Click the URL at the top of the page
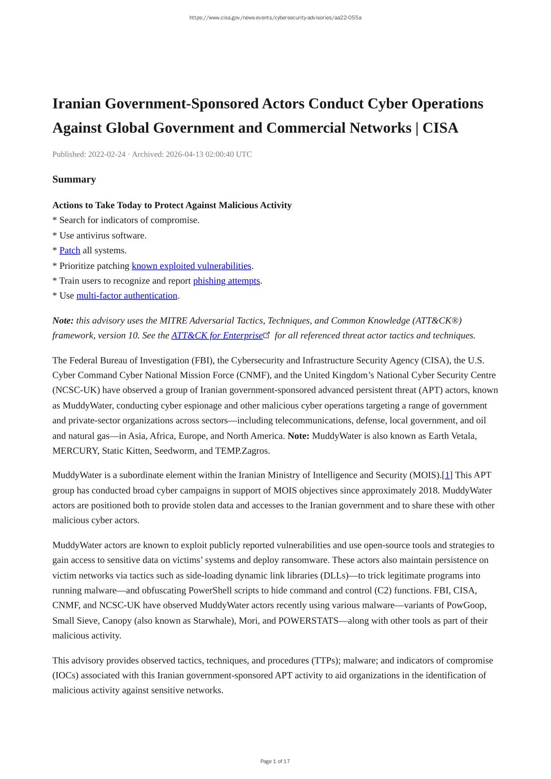(x=275, y=18)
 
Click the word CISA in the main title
(x=440, y=128)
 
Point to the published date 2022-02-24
(x=106, y=154)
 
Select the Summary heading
(x=74, y=179)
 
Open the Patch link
(x=70, y=251)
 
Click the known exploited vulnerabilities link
(x=191, y=266)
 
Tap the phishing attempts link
(x=226, y=281)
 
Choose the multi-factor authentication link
(x=127, y=296)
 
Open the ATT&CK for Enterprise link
(x=217, y=335)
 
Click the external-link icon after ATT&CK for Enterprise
(x=267, y=335)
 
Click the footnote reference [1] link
(x=447, y=475)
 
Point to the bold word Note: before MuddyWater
(x=299, y=436)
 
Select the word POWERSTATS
(x=308, y=621)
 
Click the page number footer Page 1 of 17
(x=275, y=761)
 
